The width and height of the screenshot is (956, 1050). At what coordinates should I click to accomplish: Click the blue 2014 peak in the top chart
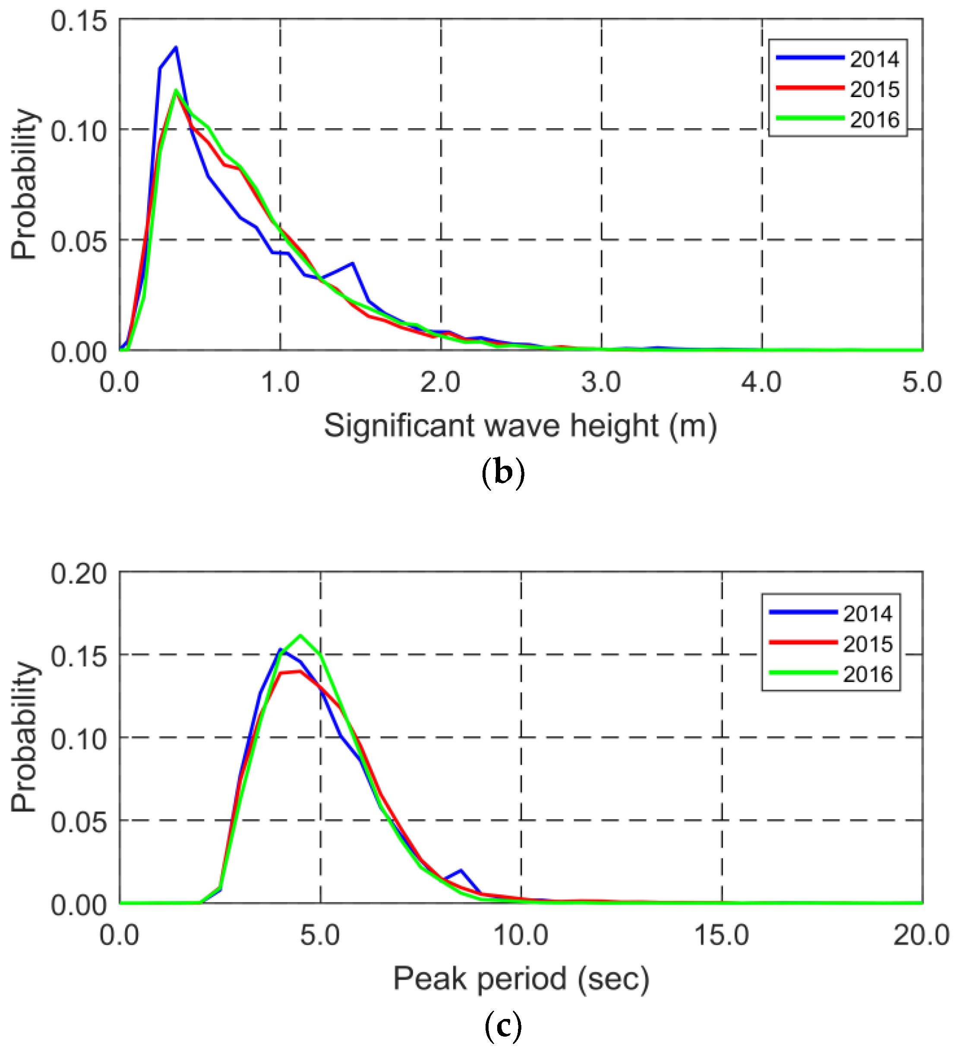click(x=176, y=47)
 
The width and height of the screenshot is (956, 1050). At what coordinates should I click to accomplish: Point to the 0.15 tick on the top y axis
click(x=71, y=21)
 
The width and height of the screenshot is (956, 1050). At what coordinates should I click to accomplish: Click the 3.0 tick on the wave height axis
click(x=601, y=383)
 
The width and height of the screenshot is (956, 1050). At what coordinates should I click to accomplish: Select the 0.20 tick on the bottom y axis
click(x=71, y=574)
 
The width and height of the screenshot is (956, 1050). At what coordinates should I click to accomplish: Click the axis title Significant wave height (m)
click(x=520, y=426)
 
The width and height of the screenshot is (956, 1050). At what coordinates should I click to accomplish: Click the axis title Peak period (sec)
click(x=521, y=978)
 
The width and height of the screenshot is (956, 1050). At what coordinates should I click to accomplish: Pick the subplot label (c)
click(x=503, y=1025)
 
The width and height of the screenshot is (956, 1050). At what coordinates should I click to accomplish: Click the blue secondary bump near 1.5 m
click(x=353, y=263)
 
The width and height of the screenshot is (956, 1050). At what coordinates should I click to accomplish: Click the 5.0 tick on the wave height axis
click(x=921, y=383)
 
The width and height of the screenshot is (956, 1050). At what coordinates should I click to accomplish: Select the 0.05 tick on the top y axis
click(x=71, y=242)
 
